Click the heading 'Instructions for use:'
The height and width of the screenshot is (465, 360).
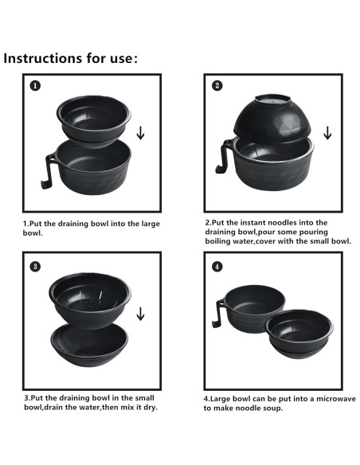click(72, 58)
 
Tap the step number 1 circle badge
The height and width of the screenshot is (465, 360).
click(34, 86)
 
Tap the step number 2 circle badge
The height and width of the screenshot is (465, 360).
click(217, 86)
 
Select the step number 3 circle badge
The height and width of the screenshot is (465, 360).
click(34, 265)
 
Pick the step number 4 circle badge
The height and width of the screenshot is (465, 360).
click(217, 266)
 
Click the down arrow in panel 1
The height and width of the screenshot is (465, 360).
click(140, 131)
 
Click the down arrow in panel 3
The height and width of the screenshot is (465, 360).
click(140, 314)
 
